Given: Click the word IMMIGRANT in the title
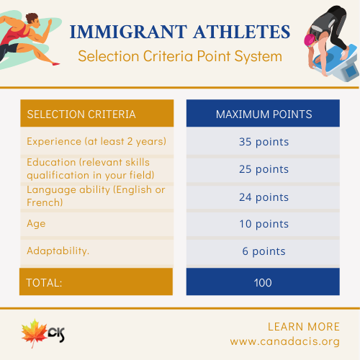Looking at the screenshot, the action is tap(128, 32).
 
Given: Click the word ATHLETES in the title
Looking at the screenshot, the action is tap(242, 32).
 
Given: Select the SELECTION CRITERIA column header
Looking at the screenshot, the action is tap(81, 114).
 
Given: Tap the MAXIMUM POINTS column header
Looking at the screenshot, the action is tap(264, 114).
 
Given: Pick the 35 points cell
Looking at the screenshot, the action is tap(264, 142).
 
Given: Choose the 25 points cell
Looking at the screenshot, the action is tap(264, 169).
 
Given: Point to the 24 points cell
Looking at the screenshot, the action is tap(264, 197).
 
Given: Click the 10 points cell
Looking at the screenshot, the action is tap(264, 224).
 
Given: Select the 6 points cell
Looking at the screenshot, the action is tap(264, 251).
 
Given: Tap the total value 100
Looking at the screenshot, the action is tap(263, 283).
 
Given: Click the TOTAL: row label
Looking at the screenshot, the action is tap(44, 283).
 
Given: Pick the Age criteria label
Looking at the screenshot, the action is tap(36, 224).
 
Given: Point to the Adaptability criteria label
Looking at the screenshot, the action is tap(58, 251).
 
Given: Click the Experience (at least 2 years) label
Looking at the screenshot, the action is tap(96, 141).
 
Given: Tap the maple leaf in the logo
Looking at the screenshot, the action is tap(34, 333).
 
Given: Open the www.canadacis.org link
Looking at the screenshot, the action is tap(285, 341).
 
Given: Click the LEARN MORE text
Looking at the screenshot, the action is tap(304, 327).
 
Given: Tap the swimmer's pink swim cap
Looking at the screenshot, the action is tap(310, 40).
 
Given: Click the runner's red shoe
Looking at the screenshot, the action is tap(56, 64).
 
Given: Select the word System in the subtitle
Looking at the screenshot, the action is tap(258, 57).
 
